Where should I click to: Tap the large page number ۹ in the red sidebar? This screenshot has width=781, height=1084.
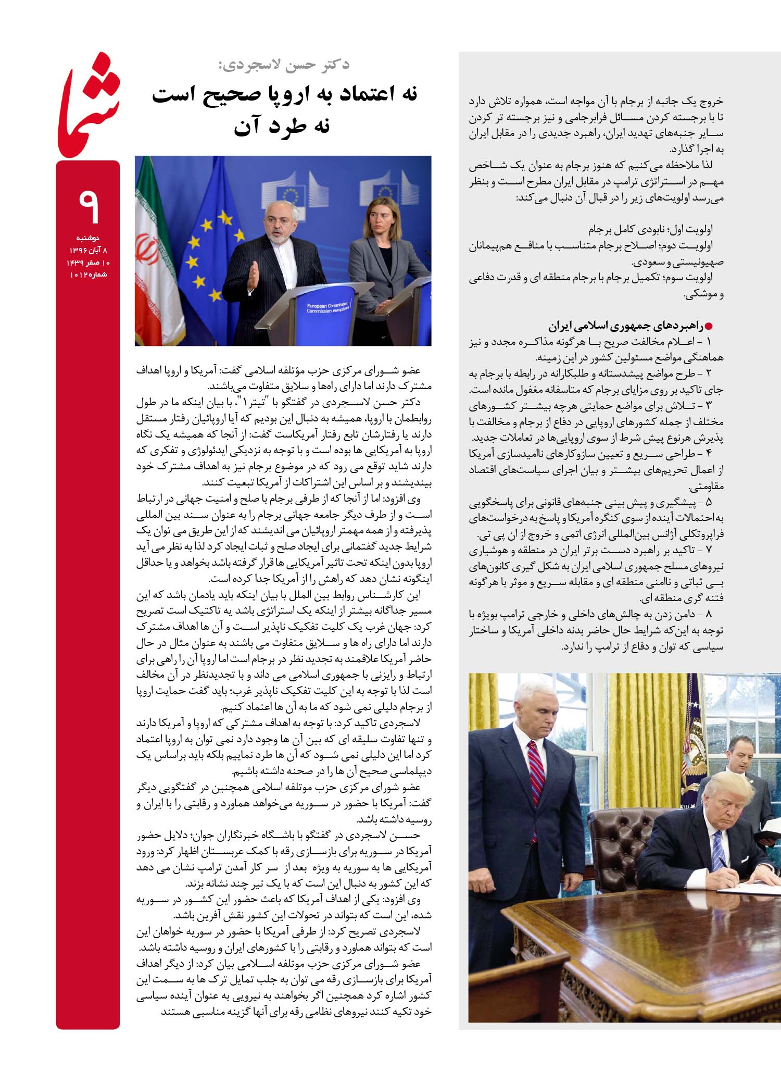tap(89, 206)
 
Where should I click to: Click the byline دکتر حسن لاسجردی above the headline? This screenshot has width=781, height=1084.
tap(284, 65)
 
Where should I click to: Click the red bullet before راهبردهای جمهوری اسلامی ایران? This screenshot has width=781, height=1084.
tap(708, 327)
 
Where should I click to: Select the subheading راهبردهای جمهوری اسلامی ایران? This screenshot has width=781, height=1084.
tap(625, 327)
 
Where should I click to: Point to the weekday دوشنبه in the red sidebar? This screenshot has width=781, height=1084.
tap(87, 238)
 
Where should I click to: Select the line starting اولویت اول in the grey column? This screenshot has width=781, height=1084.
tap(651, 229)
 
